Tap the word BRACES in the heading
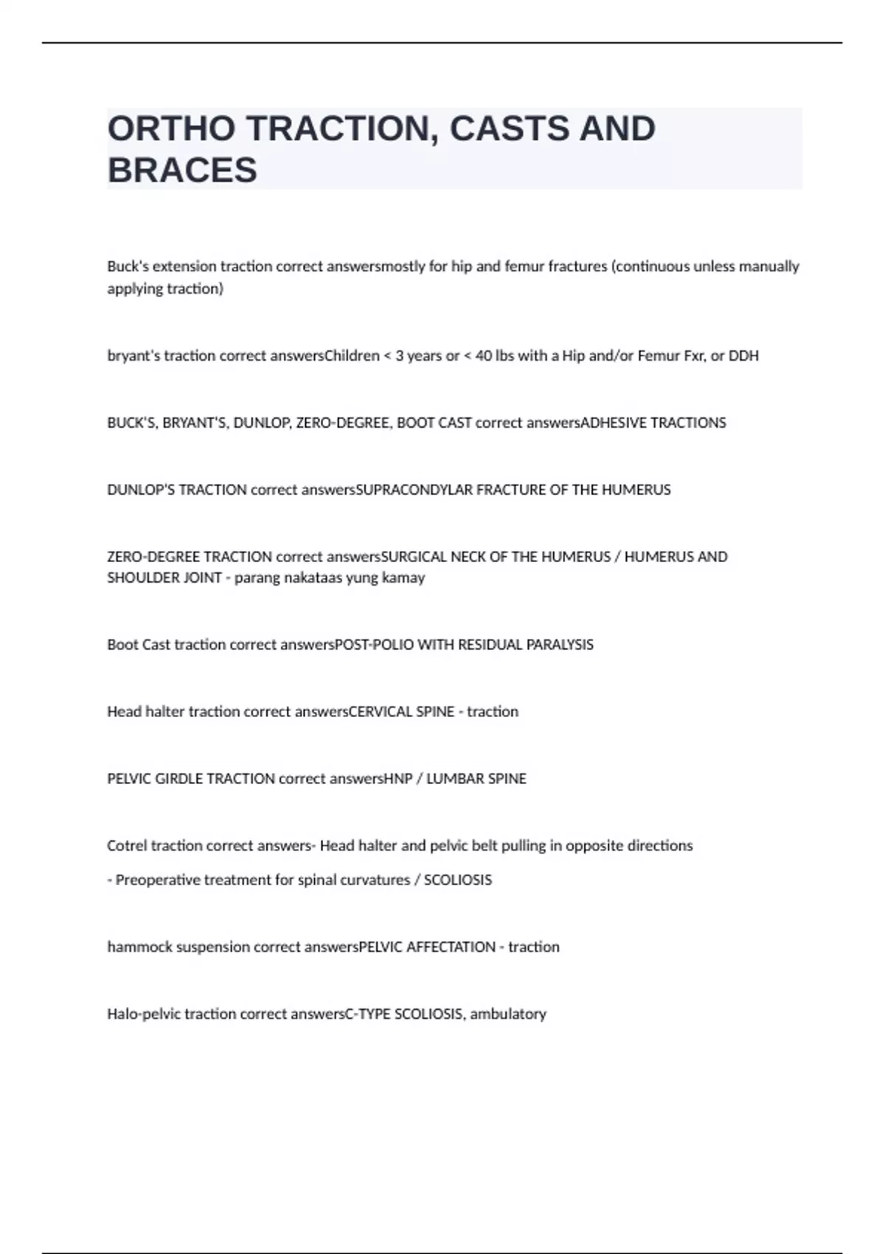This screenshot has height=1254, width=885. pos(182,170)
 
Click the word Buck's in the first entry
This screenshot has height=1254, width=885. pos(125,266)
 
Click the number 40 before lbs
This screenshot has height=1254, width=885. pos(483,356)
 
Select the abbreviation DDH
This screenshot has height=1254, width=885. pos(743,356)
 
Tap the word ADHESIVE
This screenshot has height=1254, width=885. pos(614,423)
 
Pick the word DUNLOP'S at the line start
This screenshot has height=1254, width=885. pos(140,490)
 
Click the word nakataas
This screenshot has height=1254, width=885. pos(303,578)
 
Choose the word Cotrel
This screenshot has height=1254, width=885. pos(127,845)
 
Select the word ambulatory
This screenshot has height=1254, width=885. pos(508,1014)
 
